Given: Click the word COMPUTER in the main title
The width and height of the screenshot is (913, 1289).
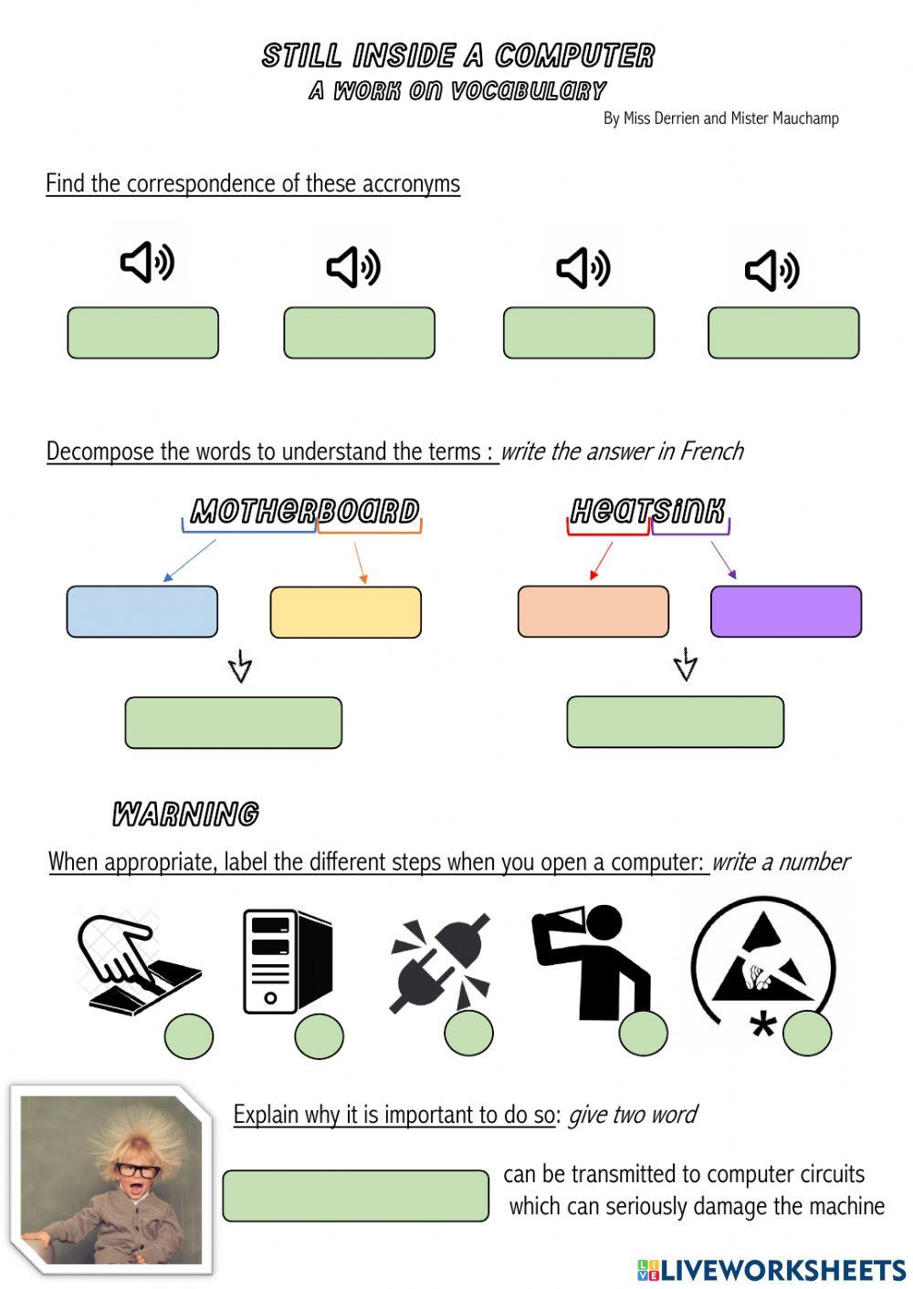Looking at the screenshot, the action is pos(574,56).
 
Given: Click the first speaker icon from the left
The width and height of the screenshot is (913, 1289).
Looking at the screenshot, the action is pos(147,263).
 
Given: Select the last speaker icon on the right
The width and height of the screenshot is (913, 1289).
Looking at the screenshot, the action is pos(771,270).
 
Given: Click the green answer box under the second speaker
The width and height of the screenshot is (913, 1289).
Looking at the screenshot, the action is pos(359,333).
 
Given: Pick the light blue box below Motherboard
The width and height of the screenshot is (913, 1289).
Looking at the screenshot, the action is pos(142,611).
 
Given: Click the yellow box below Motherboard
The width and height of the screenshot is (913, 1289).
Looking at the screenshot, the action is pos(346,612).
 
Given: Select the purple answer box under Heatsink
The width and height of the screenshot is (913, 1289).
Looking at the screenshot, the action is pos(786,611).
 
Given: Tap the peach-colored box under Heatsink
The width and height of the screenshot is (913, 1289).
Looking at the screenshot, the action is pos(593,611).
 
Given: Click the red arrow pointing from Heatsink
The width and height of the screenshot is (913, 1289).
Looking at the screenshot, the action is pos(602,561).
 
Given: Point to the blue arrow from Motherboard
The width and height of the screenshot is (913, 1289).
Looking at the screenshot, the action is pos(190,560).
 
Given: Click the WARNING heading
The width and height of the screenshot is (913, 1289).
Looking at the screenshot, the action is pos(185,815).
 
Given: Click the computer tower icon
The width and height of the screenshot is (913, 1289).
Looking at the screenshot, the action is pos(288,961).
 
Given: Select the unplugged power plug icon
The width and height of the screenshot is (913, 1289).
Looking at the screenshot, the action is pos(440,962).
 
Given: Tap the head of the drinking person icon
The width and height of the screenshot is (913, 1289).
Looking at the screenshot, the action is pos(603,923).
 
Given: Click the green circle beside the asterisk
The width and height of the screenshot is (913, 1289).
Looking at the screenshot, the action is pos(807,1034).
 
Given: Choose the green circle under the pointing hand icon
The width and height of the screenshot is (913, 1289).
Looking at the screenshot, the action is pos(189,1036).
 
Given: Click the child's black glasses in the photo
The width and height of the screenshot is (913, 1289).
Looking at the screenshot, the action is pos(138,1170).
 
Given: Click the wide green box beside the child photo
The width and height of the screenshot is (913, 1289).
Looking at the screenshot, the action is pos(356,1196).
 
